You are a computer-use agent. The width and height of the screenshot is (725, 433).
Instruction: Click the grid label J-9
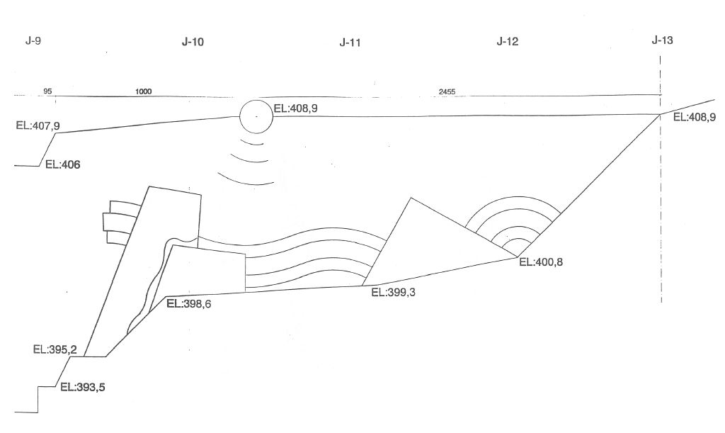(33, 40)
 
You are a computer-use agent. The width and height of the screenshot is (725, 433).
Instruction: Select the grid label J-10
(193, 42)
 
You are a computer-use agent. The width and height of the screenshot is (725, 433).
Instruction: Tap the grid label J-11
(350, 43)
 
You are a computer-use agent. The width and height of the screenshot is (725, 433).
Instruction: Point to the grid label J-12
(507, 42)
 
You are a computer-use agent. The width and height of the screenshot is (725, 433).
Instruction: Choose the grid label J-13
(662, 40)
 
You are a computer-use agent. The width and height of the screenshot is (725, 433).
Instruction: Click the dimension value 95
(47, 91)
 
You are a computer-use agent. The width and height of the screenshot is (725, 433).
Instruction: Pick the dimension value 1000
(143, 91)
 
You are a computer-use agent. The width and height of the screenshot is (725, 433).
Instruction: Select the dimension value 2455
(447, 91)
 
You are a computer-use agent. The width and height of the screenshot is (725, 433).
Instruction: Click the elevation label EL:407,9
(38, 125)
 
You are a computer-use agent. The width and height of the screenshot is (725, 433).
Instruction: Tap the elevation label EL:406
(62, 164)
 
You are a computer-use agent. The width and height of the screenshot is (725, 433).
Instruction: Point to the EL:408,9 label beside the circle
(296, 108)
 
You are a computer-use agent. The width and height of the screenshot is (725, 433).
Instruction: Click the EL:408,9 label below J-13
(695, 117)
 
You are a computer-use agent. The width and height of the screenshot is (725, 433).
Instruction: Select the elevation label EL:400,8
(541, 262)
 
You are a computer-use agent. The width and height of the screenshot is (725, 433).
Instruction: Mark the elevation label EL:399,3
(394, 293)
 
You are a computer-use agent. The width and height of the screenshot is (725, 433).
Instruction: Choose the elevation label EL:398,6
(189, 304)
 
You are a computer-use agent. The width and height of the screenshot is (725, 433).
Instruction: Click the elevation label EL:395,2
(55, 349)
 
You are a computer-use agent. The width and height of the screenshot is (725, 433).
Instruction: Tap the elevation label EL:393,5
(83, 387)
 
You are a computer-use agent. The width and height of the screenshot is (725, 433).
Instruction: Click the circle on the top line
(256, 101)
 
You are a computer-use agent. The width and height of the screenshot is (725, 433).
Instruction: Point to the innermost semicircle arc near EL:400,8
(516, 239)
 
